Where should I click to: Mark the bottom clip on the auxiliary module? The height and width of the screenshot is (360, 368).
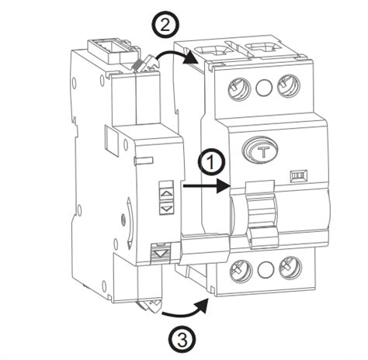pyautogui.click(x=148, y=305)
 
